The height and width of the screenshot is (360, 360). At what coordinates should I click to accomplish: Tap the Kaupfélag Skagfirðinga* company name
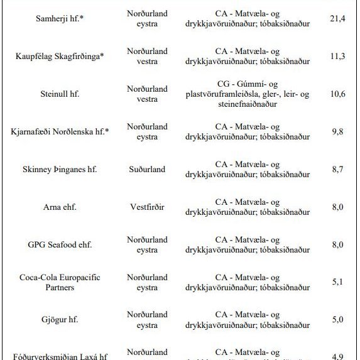tap(60, 57)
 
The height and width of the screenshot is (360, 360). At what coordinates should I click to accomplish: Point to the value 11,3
tap(337, 57)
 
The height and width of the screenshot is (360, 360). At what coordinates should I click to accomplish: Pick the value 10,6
tap(337, 94)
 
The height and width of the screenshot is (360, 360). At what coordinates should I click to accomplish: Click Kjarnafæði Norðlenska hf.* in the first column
tap(60, 132)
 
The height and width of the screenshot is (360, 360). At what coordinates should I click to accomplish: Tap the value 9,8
tap(337, 132)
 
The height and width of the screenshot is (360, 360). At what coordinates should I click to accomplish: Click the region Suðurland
tap(147, 170)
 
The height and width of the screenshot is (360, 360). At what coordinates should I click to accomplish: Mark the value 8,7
tap(337, 170)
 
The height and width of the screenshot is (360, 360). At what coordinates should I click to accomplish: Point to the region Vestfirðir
tap(147, 207)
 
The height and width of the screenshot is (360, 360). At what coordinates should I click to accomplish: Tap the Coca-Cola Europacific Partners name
tap(60, 282)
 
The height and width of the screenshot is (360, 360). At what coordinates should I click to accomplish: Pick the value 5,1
tap(337, 282)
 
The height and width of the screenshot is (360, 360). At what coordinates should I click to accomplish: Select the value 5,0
tap(337, 320)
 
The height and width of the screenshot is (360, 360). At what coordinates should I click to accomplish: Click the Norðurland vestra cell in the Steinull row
tap(147, 94)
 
